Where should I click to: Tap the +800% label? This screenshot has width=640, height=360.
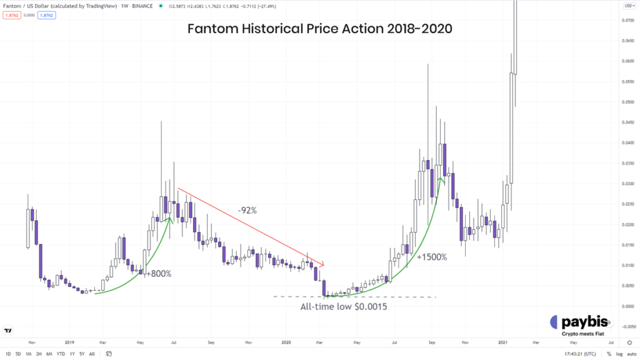click(158, 273)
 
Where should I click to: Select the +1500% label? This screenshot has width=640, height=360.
click(432, 257)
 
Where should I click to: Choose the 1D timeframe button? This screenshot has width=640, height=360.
click(9, 354)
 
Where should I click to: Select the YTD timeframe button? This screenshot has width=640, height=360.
click(61, 354)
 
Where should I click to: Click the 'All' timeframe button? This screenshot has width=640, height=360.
click(92, 354)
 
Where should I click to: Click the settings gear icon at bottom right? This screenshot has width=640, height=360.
click(629, 342)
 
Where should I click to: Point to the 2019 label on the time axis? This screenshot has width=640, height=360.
click(69, 342)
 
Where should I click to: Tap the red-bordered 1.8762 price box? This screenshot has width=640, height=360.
click(12, 15)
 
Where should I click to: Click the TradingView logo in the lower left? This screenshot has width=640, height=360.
click(8, 331)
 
